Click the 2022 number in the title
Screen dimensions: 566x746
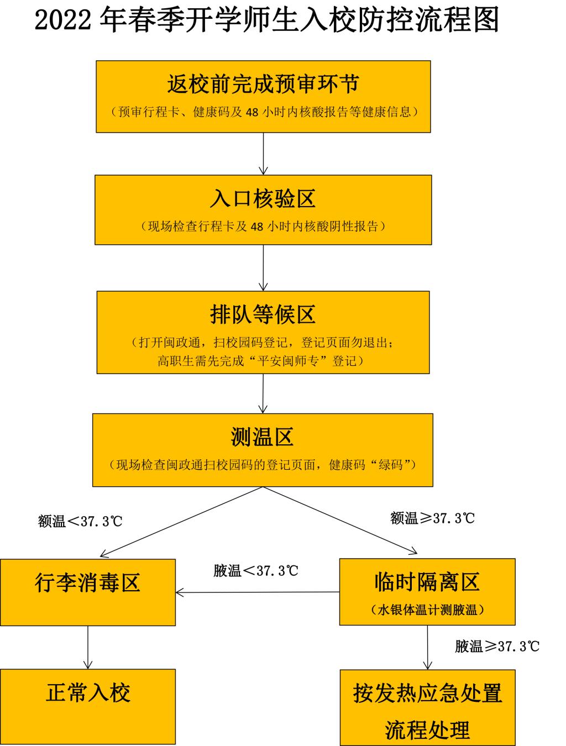tap(62, 20)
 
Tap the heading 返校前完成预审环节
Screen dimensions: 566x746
tap(263, 84)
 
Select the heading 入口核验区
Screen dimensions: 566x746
tap(263, 198)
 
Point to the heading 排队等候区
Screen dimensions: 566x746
tap(263, 314)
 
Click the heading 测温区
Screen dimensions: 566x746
tap(262, 437)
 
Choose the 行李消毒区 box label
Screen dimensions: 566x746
tap(87, 582)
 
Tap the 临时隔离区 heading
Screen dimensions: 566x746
tap(427, 581)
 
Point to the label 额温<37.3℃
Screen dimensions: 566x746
tap(80, 521)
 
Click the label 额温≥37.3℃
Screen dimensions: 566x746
tap(432, 518)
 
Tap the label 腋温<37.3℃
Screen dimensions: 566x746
tap(256, 571)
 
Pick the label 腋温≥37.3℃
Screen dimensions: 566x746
tap(497, 646)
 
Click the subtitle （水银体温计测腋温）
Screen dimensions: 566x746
tap(427, 610)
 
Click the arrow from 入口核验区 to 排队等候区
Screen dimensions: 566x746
tap(263, 268)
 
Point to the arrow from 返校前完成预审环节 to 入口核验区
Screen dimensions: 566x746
tap(263, 154)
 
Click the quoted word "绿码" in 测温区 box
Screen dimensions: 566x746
tap(390, 464)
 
